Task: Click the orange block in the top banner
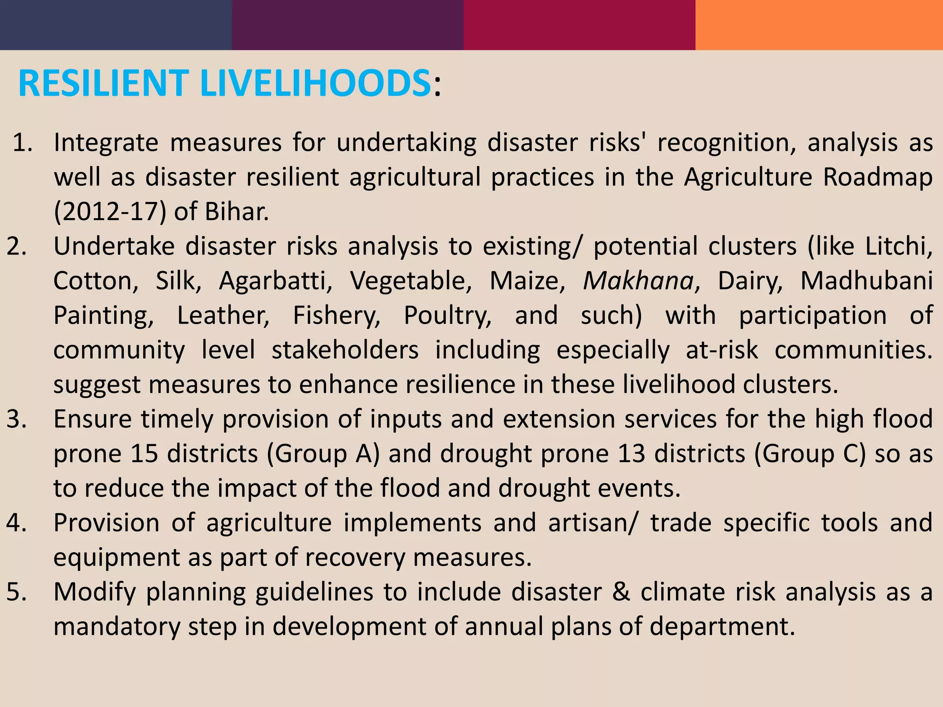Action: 819,25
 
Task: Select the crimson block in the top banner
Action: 579,25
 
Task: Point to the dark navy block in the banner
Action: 116,25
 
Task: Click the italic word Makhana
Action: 638,280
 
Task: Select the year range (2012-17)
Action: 110,212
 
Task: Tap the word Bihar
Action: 236,212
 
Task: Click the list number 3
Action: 17,419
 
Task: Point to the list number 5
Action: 17,592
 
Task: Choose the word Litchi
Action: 898,246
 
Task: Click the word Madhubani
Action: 866,280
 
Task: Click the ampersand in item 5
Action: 621,592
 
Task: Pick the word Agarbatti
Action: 275,280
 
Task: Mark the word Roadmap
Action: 878,177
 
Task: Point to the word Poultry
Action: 448,315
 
